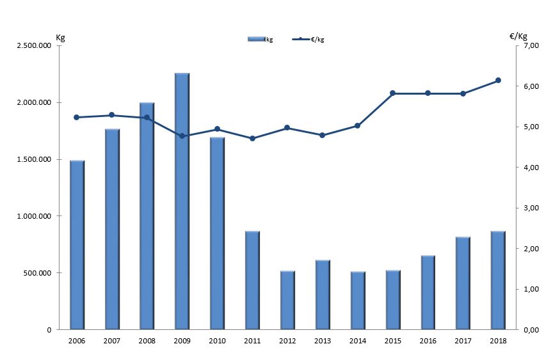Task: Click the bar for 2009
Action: (x=182, y=201)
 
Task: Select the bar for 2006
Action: (x=77, y=245)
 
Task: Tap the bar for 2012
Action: (x=287, y=300)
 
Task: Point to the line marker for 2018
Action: (x=498, y=81)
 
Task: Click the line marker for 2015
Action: (x=392, y=93)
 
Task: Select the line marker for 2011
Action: (x=252, y=138)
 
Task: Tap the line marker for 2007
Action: (x=112, y=115)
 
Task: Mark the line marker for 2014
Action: (x=357, y=125)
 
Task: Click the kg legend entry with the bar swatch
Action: (x=260, y=40)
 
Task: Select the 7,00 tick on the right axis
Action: (x=531, y=46)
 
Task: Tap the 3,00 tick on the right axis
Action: (x=531, y=208)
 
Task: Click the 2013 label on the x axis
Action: (x=323, y=341)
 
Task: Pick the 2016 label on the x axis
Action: (x=428, y=341)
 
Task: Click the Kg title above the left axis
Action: (x=61, y=36)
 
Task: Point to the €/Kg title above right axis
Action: (x=518, y=36)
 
